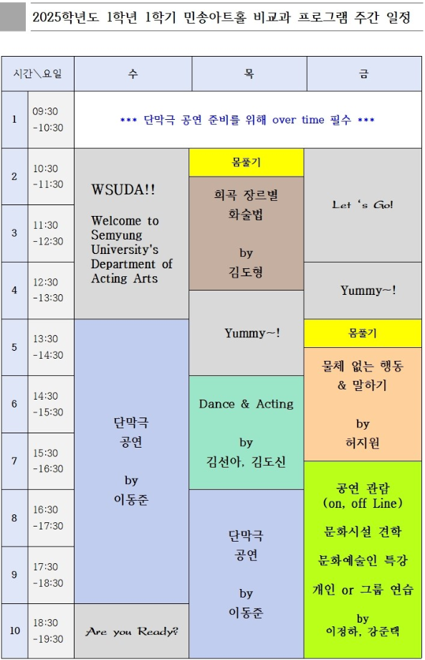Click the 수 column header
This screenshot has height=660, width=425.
point(133,74)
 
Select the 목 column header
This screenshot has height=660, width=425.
point(249,74)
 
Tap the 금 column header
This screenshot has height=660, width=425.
point(365,74)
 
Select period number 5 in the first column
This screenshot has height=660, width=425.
point(14,347)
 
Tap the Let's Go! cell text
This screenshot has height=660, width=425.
point(363,205)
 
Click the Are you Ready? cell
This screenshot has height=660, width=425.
point(132,632)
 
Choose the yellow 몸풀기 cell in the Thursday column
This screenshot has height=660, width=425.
point(246,163)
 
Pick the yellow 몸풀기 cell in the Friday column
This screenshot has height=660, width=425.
point(363,334)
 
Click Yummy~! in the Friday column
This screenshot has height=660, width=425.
point(368,291)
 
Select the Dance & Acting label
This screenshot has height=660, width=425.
point(246,404)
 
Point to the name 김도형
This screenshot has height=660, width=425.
point(246,271)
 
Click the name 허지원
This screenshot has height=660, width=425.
point(363,443)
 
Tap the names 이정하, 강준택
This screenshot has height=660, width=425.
point(363,631)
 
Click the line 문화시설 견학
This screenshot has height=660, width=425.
point(363,532)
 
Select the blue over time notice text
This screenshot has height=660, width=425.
point(247,120)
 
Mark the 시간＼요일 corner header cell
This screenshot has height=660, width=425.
point(37,74)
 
